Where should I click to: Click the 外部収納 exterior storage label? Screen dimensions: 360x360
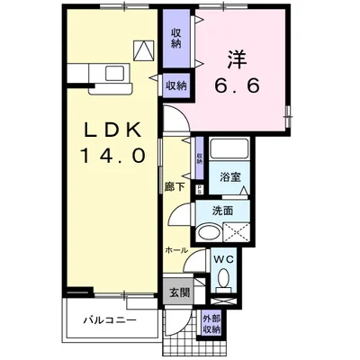pyautogui.click(x=211, y=323)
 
